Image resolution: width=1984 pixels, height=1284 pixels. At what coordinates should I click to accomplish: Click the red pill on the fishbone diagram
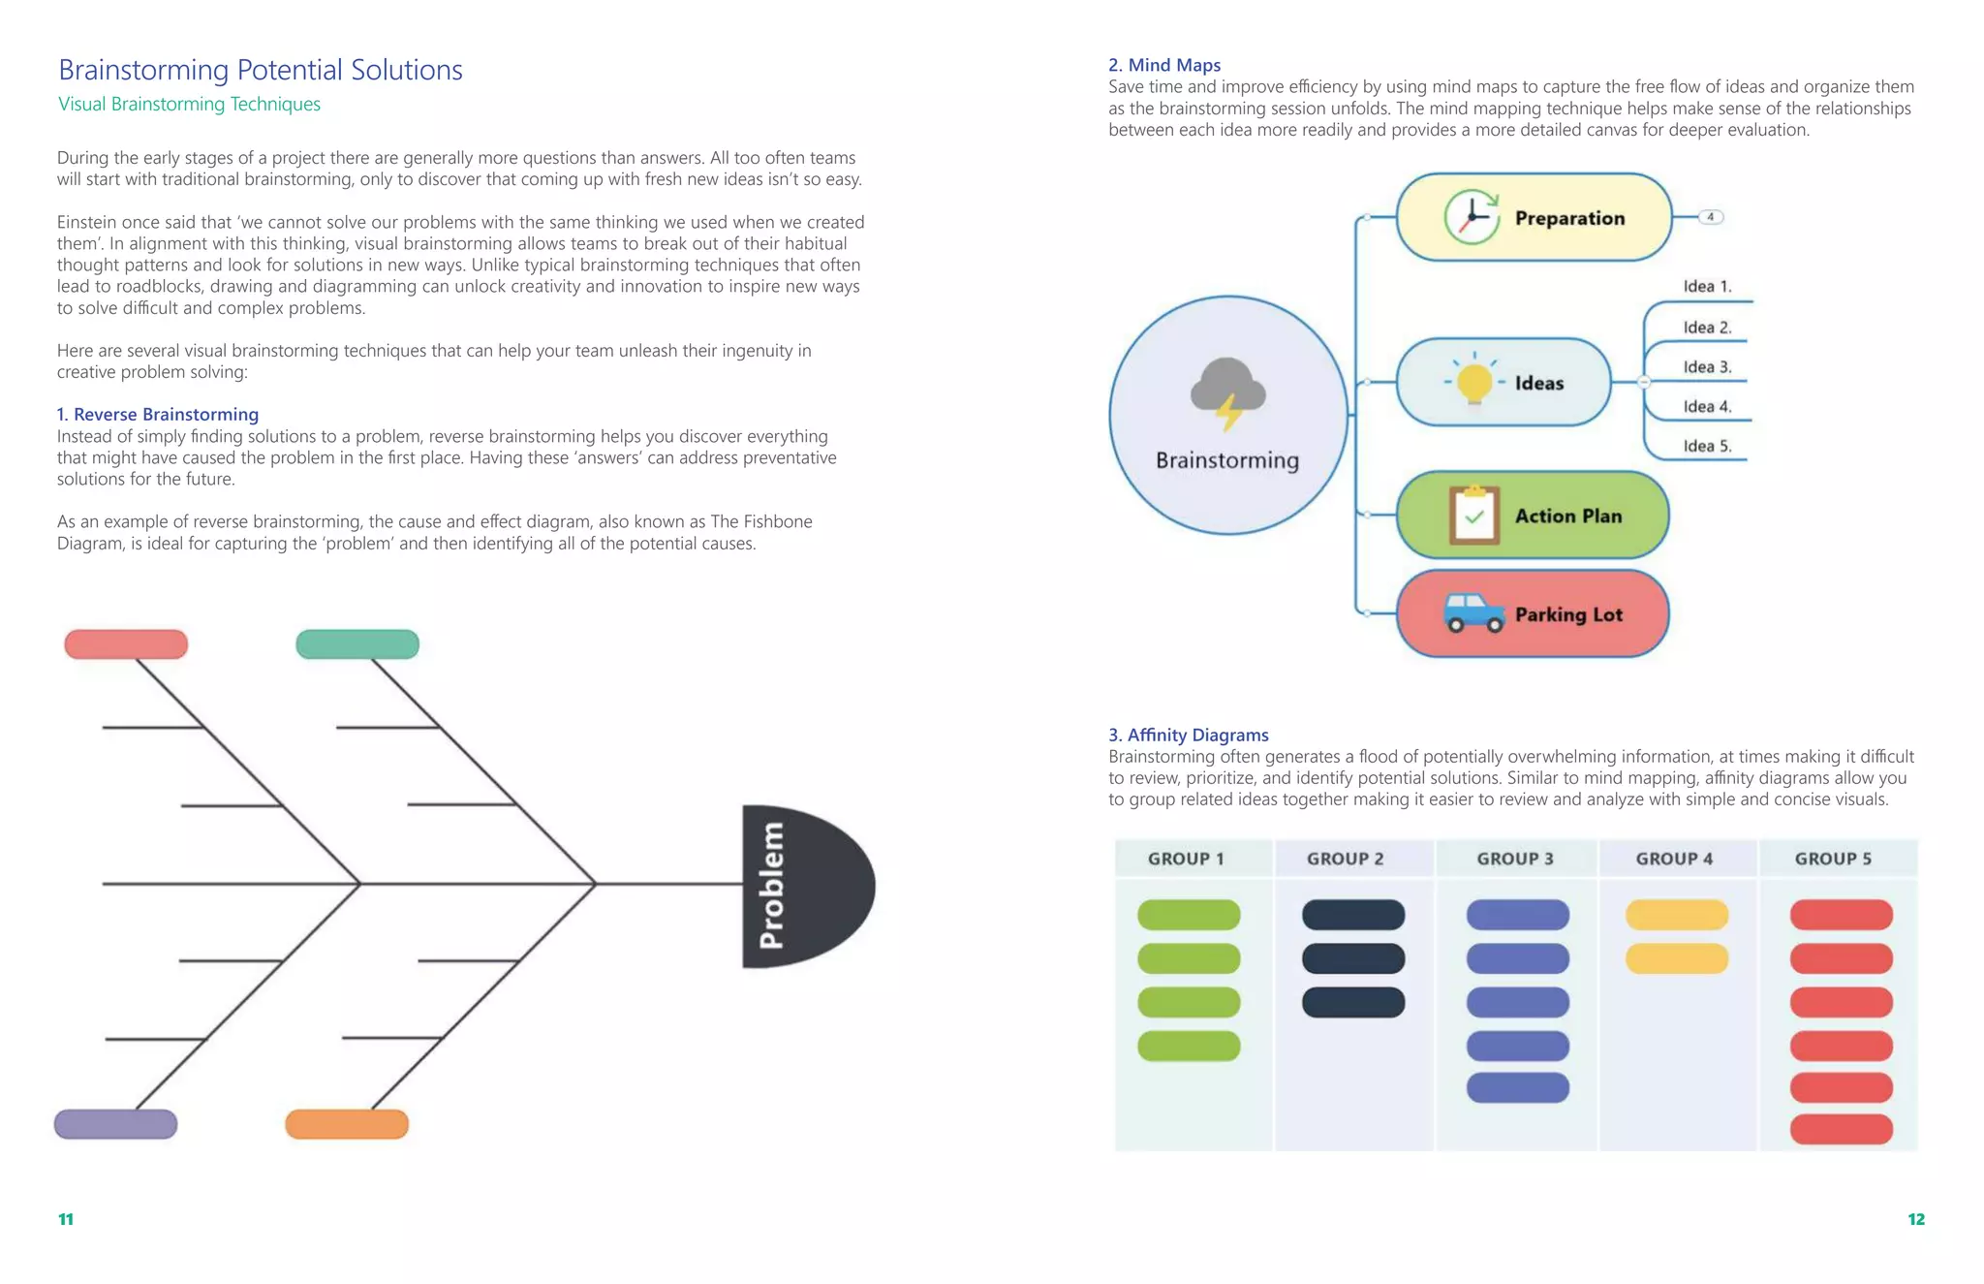point(126,644)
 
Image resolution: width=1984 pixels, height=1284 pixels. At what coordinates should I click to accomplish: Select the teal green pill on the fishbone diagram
point(357,644)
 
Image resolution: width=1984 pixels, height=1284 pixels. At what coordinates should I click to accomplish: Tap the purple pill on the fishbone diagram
point(115,1124)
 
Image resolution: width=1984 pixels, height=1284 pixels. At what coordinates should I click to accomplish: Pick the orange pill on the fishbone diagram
point(347,1124)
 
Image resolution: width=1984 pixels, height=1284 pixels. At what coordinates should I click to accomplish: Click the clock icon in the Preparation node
point(1472,217)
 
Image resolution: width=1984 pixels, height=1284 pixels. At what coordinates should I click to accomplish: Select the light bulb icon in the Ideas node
point(1473,381)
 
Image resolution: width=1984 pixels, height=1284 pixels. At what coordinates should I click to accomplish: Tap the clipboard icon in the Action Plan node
point(1473,515)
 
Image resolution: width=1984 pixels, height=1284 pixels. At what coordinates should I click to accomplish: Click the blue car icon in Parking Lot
point(1472,612)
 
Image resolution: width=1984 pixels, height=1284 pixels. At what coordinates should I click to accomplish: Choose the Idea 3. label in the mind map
point(1706,367)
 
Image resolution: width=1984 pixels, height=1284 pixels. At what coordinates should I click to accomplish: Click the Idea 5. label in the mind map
point(1706,447)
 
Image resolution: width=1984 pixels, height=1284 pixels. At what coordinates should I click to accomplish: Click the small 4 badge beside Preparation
point(1711,217)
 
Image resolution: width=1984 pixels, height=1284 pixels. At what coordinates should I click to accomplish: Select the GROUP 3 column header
point(1515,859)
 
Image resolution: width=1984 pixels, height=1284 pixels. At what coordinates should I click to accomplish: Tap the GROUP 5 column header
point(1833,859)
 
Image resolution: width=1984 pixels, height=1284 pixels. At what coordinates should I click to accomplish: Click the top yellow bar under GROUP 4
point(1676,915)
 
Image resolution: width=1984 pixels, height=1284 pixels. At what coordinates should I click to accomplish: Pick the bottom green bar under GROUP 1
point(1189,1046)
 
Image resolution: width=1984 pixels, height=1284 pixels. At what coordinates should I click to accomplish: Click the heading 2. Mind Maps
point(1163,65)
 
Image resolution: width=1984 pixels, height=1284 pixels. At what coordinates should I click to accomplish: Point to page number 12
point(1915,1219)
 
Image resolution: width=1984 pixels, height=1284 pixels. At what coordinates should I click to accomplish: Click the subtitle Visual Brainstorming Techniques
point(189,104)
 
